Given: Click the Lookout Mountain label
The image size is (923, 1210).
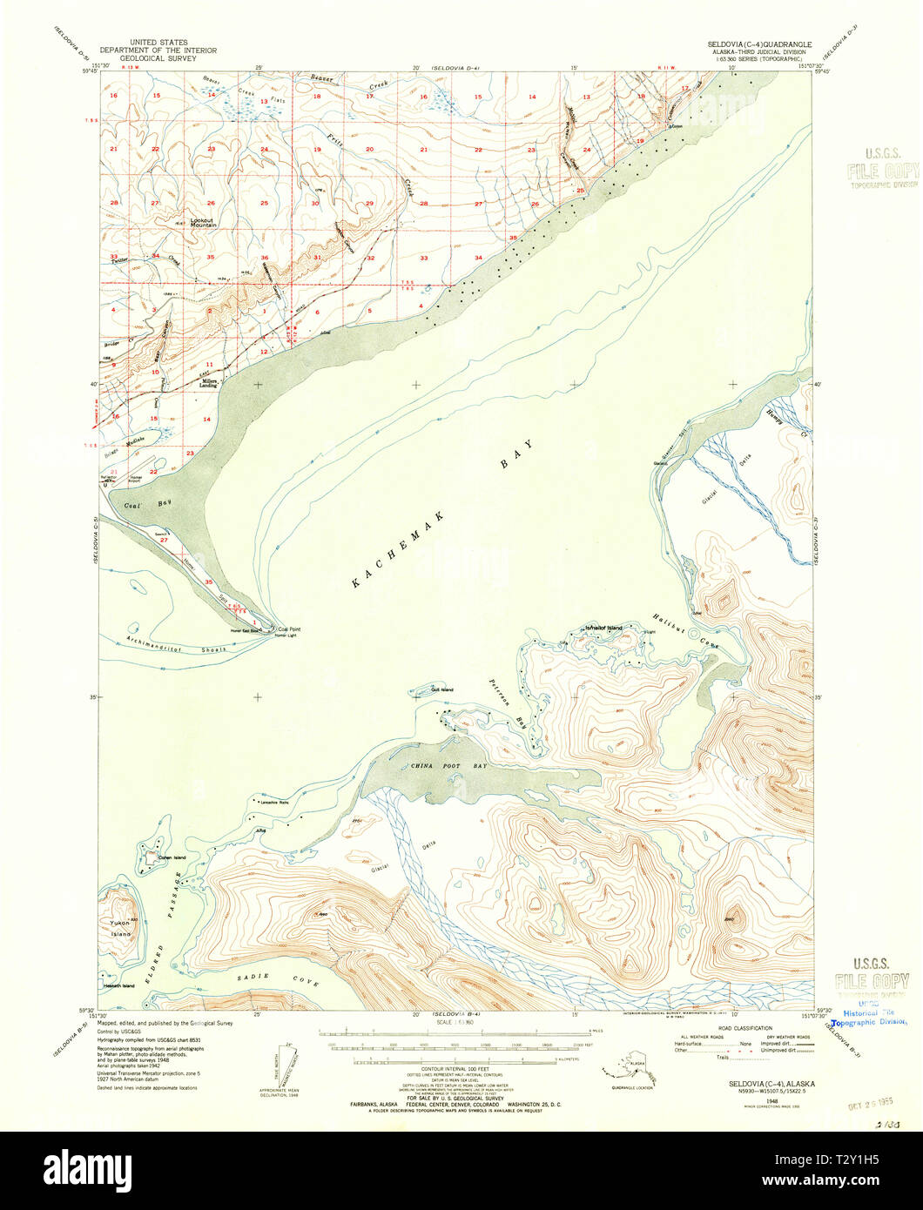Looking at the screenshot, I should (202, 222).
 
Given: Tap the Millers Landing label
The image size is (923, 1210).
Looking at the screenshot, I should (210, 383).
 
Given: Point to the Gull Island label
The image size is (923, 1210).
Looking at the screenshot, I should (442, 689).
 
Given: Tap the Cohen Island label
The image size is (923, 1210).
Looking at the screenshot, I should (172, 857).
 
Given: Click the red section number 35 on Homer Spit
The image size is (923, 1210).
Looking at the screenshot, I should (208, 581).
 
